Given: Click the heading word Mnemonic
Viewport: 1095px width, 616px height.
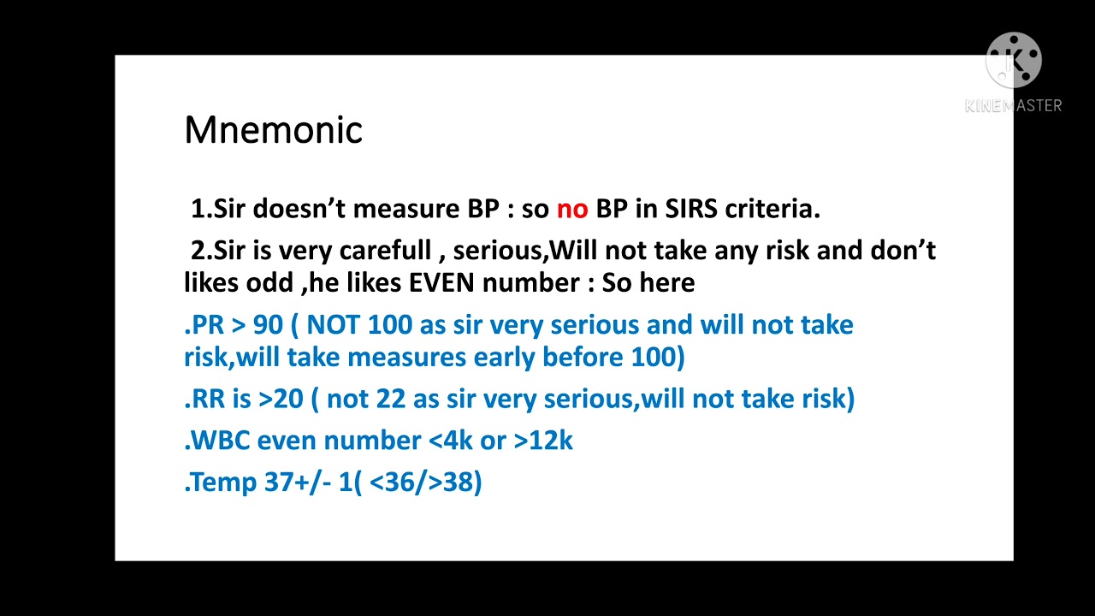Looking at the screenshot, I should pos(273,130).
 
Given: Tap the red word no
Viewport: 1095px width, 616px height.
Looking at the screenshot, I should pos(572,209).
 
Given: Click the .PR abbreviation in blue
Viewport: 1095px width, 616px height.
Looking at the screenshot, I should pos(204,325).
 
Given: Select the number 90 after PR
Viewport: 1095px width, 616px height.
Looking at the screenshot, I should pos(268,325).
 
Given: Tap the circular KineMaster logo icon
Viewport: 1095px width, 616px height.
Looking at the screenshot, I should pos(1014,61).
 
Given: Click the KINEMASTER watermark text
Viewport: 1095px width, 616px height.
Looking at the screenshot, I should pos(1014,105).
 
